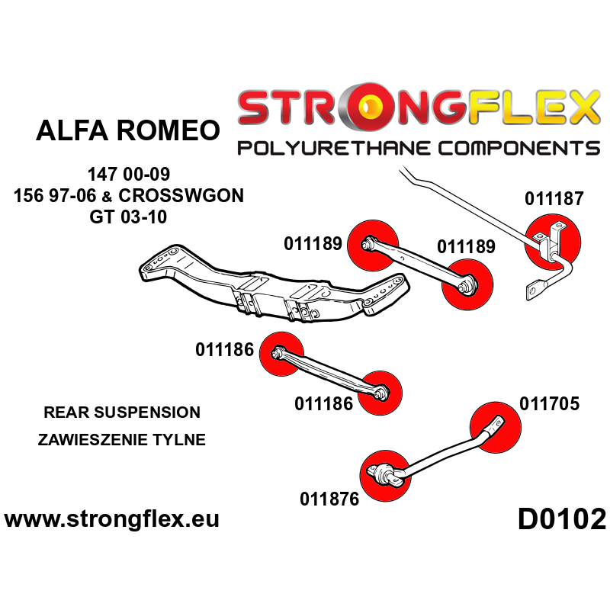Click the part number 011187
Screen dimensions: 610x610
pos(554,199)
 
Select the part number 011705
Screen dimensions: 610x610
pos(549,403)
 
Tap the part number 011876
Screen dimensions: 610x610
pos(329,499)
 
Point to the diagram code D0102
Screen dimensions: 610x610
pos(562,520)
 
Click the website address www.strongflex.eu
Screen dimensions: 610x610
pos(111,520)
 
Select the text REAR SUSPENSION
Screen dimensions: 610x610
pos(122,413)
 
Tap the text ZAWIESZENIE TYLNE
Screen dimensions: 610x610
pos(124,440)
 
